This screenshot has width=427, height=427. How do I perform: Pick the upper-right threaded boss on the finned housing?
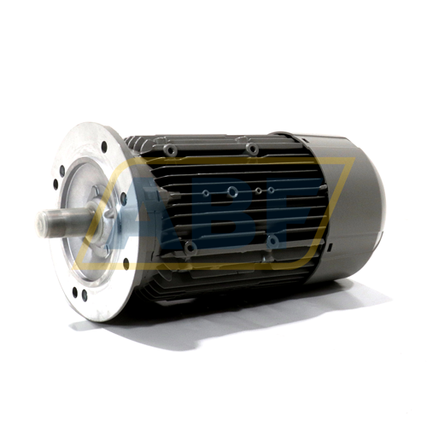pyautogui.click(x=253, y=150)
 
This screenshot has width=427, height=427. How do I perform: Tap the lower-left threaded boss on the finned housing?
pyautogui.click(x=190, y=248)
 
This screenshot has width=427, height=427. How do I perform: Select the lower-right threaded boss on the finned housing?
pyautogui.click(x=272, y=243)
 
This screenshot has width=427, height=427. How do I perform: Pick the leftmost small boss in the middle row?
pyautogui.click(x=205, y=194)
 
